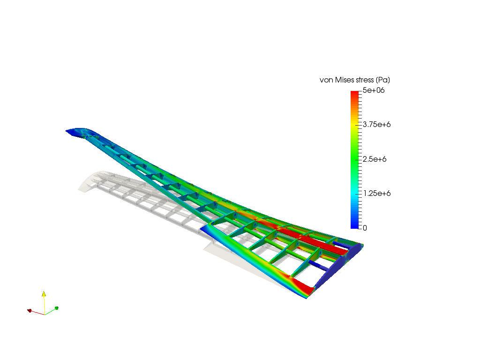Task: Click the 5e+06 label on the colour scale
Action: pos(374,90)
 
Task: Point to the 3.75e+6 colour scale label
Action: pos(376,125)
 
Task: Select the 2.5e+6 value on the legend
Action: pos(375,159)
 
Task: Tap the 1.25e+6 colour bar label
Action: pos(377,194)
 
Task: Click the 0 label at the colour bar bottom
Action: pos(365,228)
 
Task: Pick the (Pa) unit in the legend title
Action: pos(383,80)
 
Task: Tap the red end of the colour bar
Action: pos(354,93)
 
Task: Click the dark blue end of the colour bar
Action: pos(354,226)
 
